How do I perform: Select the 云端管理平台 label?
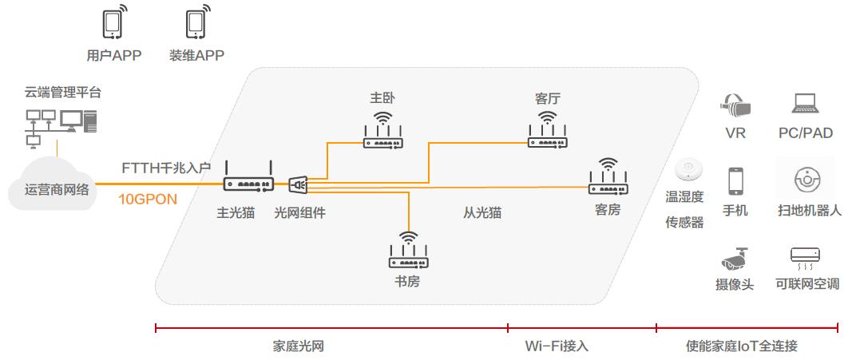coord(63,93)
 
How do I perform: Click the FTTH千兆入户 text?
coord(166,168)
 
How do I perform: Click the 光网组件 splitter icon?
coord(297,185)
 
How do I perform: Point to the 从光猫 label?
coord(482,213)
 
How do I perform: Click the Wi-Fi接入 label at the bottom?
coord(556,346)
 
